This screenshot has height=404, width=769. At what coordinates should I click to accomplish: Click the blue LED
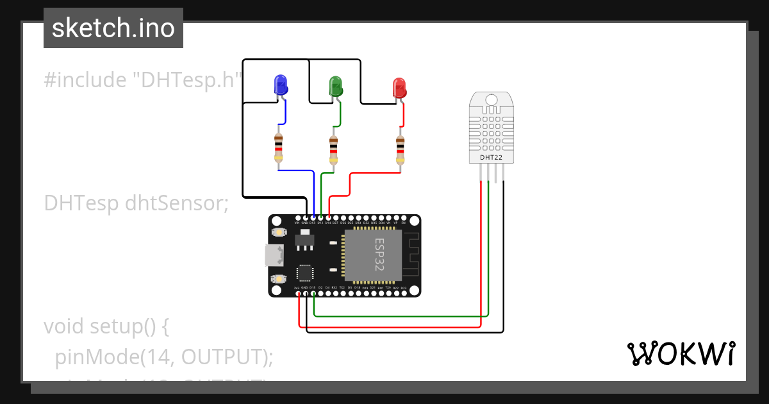coord(280,85)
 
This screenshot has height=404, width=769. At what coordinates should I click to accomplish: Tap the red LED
coord(399,88)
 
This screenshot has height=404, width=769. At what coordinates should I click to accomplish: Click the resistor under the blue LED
coord(278,147)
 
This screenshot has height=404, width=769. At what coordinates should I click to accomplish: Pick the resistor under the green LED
coord(333,149)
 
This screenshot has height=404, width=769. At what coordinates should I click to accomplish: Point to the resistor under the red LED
coord(401,149)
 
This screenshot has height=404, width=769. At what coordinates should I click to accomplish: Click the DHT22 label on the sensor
coord(492,157)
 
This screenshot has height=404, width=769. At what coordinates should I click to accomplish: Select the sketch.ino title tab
coord(113,28)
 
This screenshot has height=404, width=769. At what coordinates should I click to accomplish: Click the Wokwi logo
coord(681,353)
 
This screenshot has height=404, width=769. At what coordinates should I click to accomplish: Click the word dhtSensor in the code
coord(177,203)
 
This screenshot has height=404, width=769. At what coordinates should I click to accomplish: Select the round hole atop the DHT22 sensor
coord(492,100)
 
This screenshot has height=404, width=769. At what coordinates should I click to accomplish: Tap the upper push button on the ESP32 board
coord(278,232)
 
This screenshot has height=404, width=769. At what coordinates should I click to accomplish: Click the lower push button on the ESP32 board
coord(278,279)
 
